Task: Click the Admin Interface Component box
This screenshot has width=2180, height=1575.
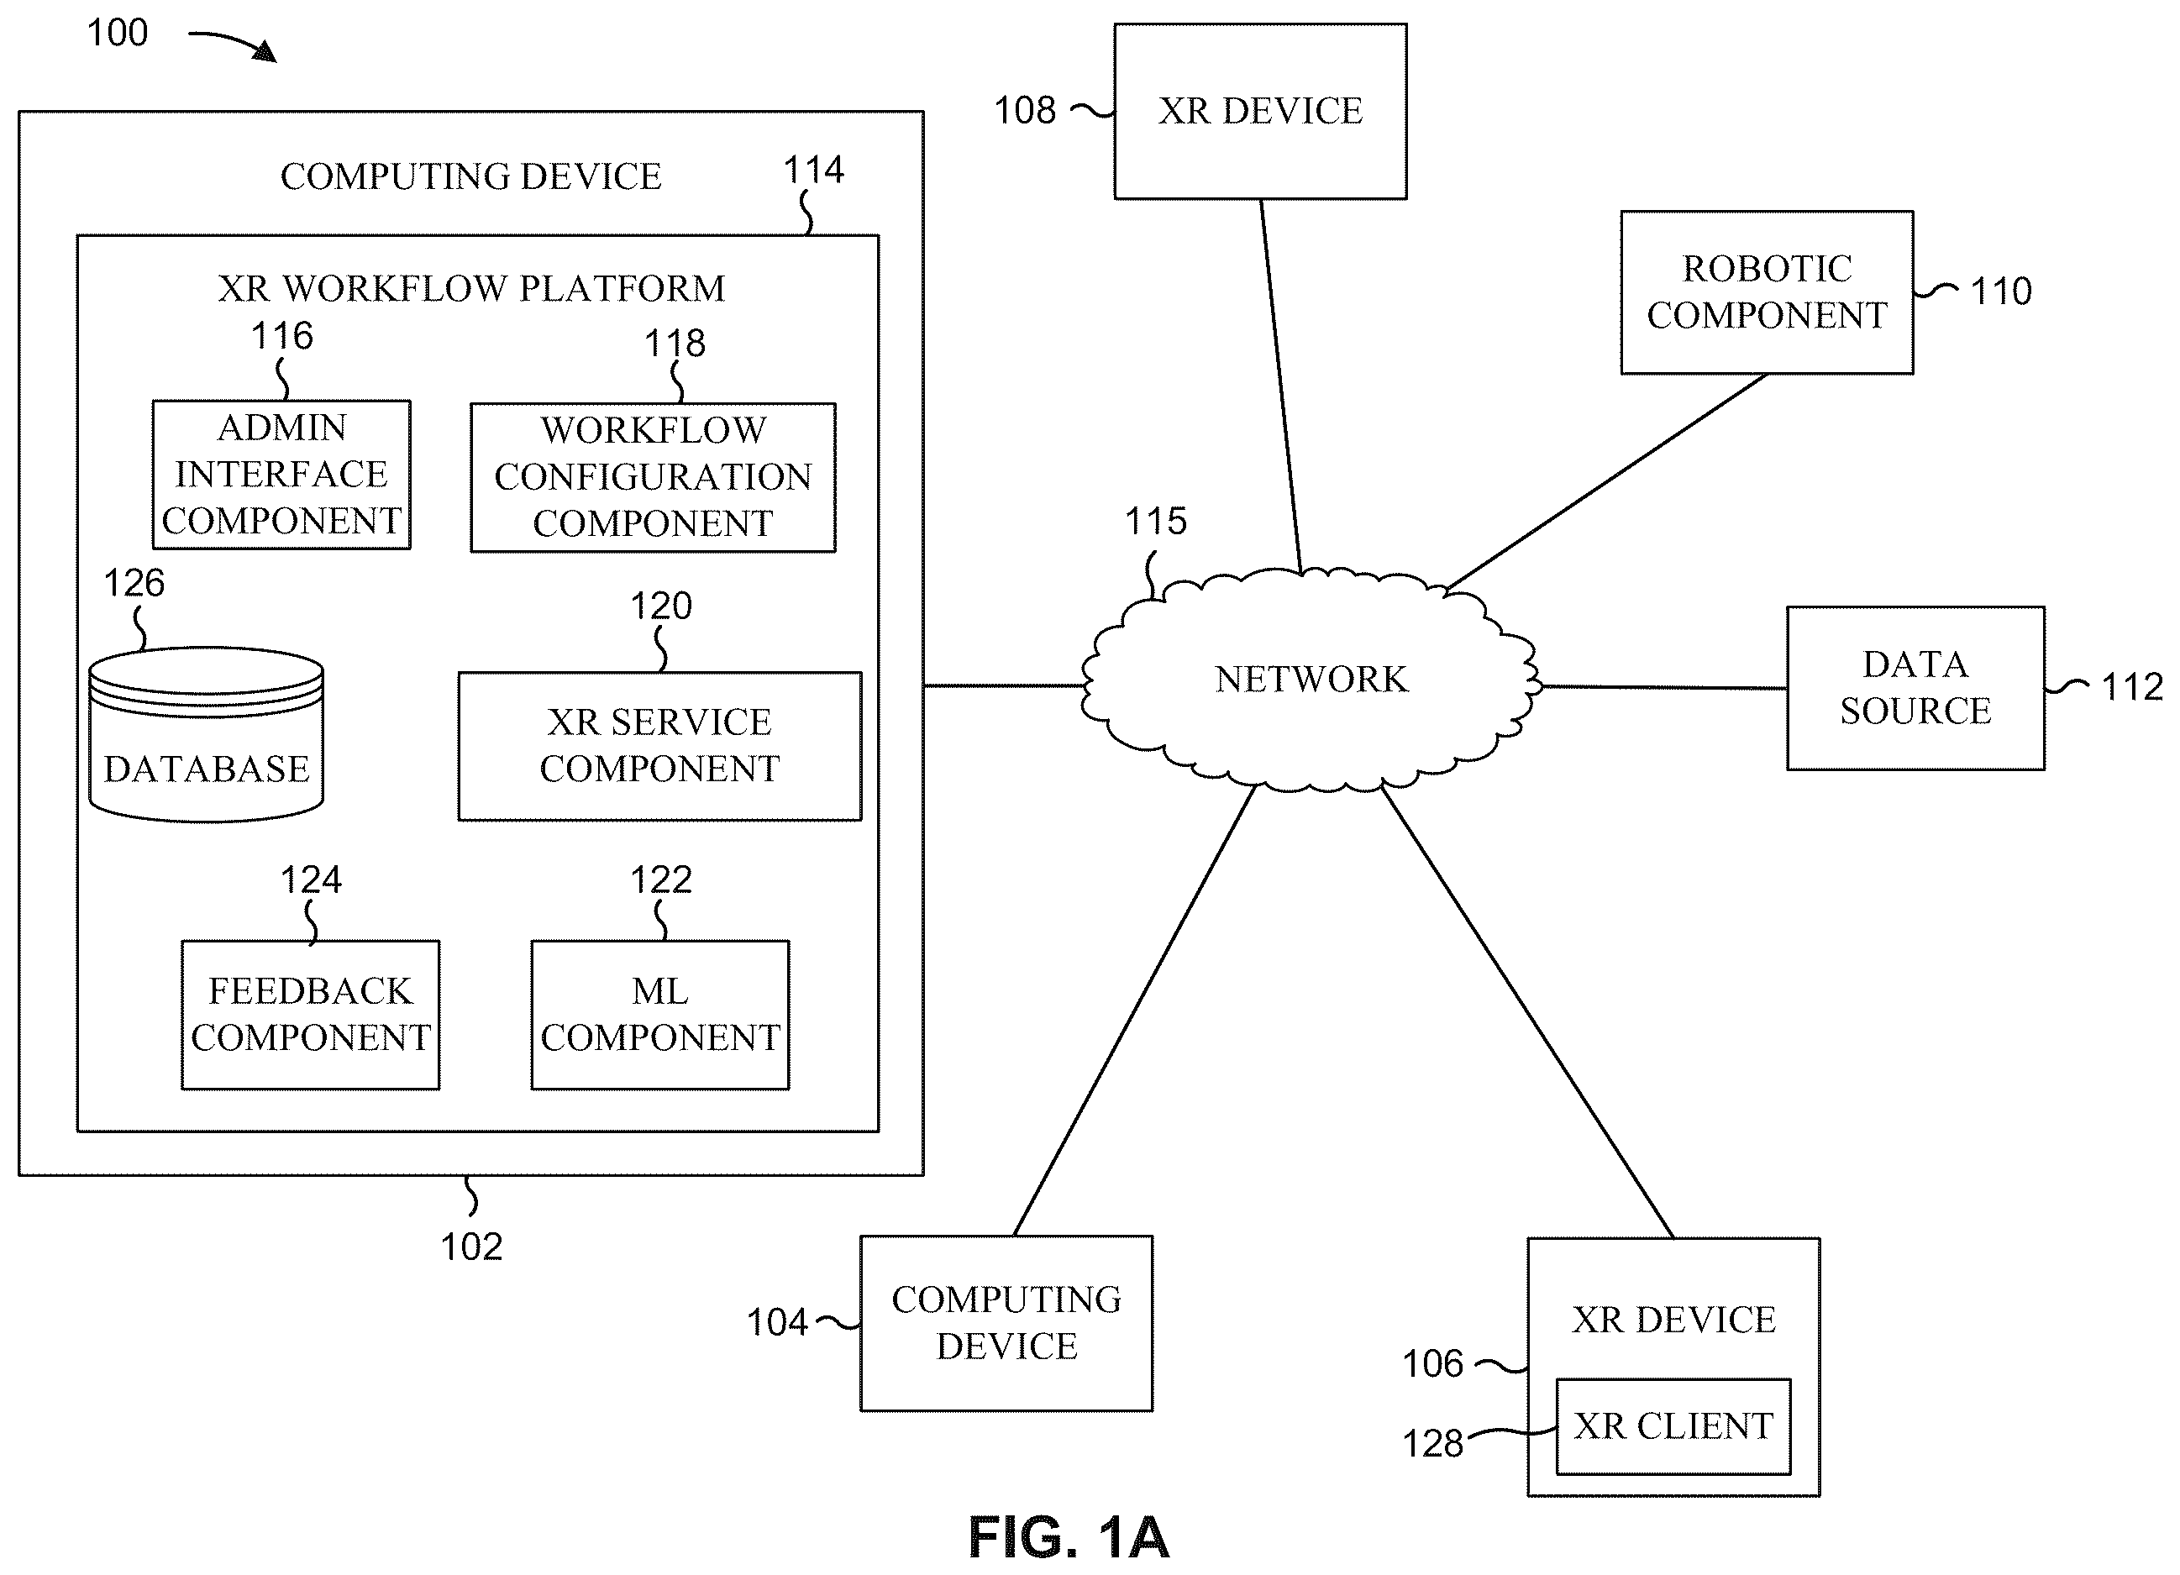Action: [x=281, y=475]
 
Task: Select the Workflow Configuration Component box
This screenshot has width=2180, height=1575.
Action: [x=653, y=478]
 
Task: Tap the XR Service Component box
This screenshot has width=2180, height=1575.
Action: [x=659, y=746]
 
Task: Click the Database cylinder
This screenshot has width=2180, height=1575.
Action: [x=206, y=734]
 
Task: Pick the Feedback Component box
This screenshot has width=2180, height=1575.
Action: [x=311, y=1015]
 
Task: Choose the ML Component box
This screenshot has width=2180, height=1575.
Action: [x=660, y=1015]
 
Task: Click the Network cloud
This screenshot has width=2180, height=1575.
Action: [x=1311, y=680]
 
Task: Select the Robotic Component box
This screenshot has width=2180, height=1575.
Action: [x=1767, y=292]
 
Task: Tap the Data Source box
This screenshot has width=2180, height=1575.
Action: [x=1915, y=688]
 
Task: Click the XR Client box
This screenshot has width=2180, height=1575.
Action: [x=1673, y=1427]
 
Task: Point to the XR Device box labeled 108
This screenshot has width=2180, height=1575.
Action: [x=1260, y=112]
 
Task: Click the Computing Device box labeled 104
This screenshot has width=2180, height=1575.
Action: [x=1006, y=1323]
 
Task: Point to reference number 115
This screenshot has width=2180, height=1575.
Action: [x=1155, y=522]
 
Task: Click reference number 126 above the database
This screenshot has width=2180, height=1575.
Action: [x=134, y=583]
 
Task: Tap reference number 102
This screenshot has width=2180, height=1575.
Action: [x=471, y=1247]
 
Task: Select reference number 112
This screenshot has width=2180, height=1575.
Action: [x=2132, y=688]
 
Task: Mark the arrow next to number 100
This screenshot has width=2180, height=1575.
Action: [x=233, y=45]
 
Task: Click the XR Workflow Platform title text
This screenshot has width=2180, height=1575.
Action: [x=471, y=288]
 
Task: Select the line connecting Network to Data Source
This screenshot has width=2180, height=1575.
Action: [x=1665, y=687]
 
